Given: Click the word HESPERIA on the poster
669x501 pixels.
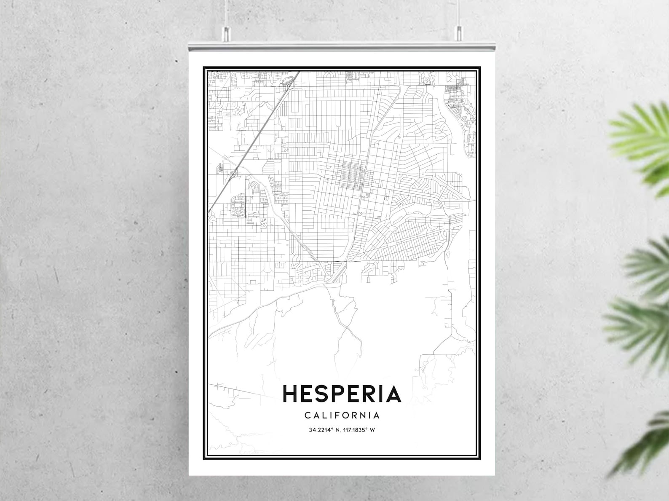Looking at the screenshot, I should (342, 394).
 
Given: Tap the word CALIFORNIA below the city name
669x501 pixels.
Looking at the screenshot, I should (342, 415).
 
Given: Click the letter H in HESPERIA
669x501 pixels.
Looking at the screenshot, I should (291, 394).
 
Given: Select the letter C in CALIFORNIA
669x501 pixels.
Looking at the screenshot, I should (308, 415).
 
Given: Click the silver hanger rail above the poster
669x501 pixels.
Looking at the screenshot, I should (342, 45).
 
